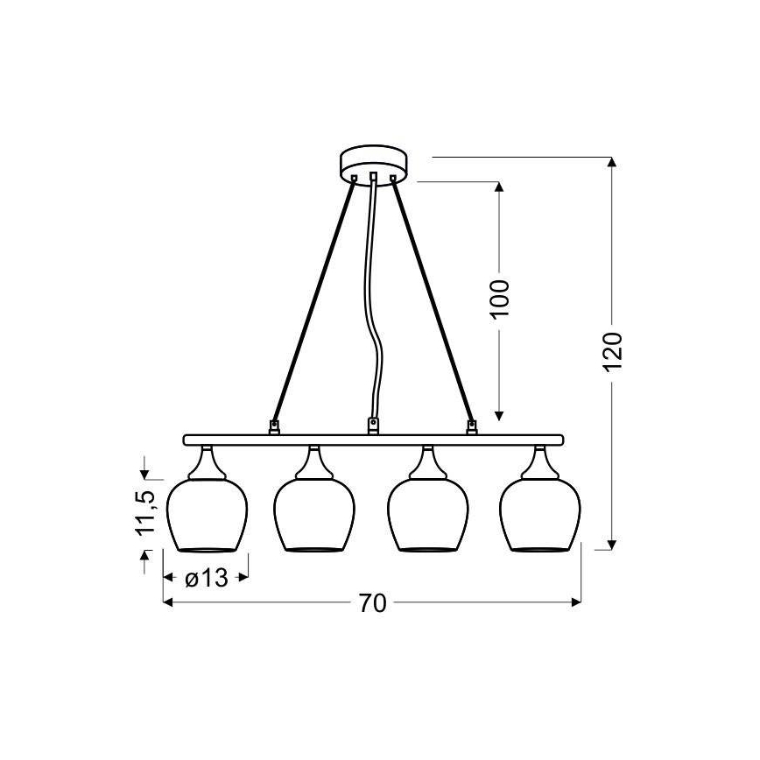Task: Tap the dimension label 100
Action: [498, 299]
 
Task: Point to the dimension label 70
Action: [371, 603]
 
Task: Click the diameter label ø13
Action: [207, 578]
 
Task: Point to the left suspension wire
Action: [315, 302]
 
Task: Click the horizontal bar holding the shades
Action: [371, 440]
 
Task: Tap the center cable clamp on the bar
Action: [374, 426]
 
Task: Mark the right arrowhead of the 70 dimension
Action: [575, 603]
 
